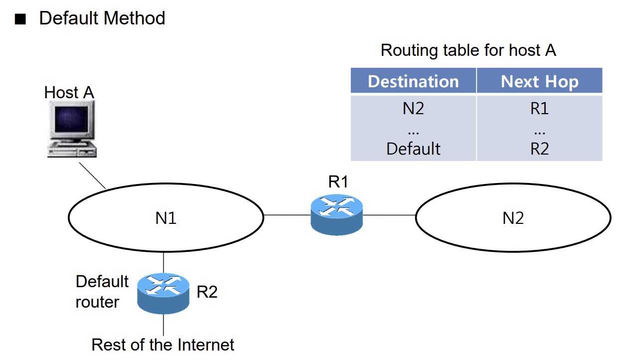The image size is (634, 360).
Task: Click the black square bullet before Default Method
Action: coord(20,19)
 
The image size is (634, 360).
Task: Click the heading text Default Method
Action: coord(102,18)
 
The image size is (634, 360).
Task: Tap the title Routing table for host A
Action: coord(469,50)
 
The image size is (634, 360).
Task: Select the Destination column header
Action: coord(413,82)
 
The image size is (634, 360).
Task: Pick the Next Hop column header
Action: coord(539,82)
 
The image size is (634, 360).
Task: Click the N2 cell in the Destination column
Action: coord(413,109)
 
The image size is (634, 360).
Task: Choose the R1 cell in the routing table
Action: coord(539,109)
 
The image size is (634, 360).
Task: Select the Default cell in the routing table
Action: coord(413,149)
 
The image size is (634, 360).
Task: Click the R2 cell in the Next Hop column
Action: coord(539,149)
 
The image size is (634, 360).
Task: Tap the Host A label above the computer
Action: coord(69,92)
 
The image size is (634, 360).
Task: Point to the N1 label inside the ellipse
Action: coord(166,218)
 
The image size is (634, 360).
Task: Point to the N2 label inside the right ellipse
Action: coord(513,218)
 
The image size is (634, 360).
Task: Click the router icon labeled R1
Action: coord(336,215)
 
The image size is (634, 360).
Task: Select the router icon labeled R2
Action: coord(163,294)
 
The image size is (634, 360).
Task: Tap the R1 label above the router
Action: coord(338,181)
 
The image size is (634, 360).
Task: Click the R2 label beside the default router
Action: coord(207,292)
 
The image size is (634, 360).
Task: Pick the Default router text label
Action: coord(102,292)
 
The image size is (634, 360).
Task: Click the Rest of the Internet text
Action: coord(163,345)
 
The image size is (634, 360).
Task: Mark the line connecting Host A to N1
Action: coord(92,176)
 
